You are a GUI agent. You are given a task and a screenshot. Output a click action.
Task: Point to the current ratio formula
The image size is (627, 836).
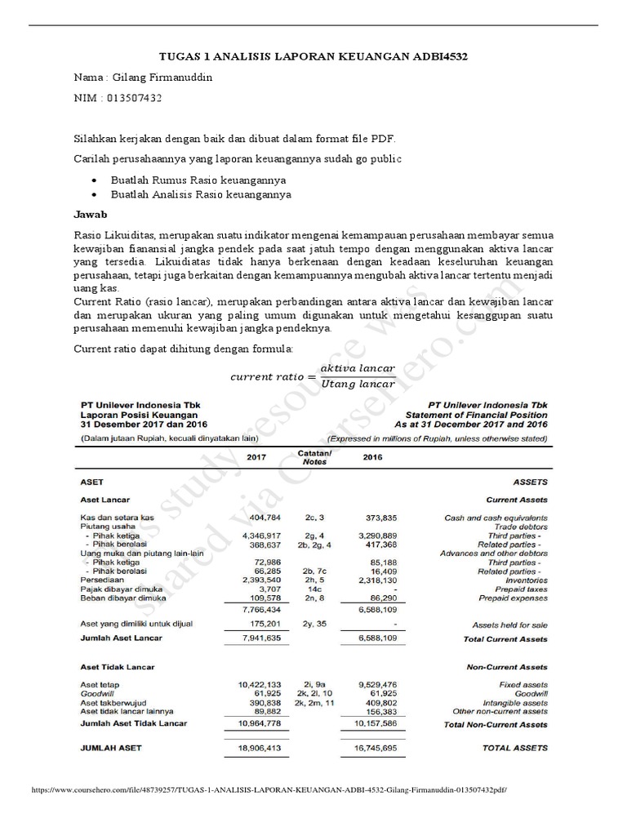313,376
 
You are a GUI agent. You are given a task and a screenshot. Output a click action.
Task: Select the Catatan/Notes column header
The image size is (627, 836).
314,457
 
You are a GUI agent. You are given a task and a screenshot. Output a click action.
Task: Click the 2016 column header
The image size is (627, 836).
372,457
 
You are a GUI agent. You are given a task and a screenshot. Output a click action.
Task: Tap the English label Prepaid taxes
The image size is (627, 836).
518,589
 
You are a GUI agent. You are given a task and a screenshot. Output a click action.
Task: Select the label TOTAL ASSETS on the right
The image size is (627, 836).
515,747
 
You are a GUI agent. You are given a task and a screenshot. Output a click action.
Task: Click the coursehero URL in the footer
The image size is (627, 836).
269,791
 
